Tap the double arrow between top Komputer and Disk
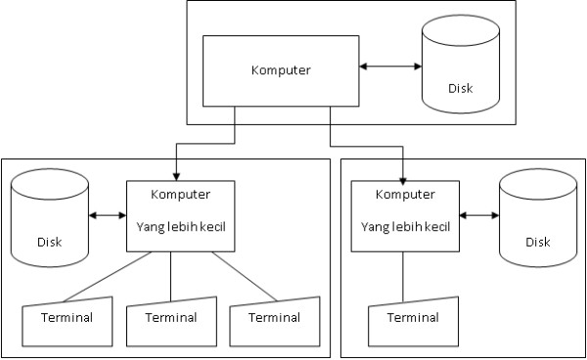coord(389,67)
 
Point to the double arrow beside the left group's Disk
coord(107,216)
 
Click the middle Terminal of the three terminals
coord(171,319)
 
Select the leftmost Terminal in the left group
coord(67,319)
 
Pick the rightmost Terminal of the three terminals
coord(275,319)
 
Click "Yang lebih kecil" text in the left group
coord(181,227)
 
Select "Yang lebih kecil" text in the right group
coord(405,228)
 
